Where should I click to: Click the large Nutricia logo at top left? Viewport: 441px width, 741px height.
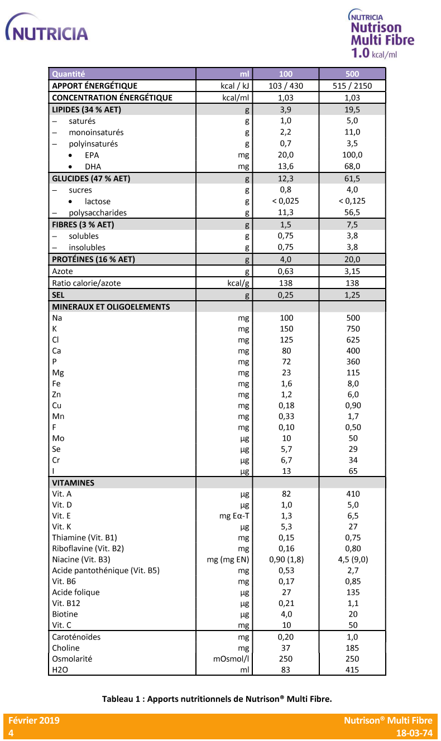click(x=47, y=31)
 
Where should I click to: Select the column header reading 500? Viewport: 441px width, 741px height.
click(x=352, y=74)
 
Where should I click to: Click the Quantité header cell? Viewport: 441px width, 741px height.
click(x=68, y=74)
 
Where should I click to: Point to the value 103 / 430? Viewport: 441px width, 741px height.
click(x=286, y=86)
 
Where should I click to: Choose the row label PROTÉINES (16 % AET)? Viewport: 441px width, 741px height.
click(x=93, y=259)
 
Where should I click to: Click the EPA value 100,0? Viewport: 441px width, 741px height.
click(x=352, y=155)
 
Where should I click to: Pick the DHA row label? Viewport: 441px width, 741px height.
click(x=93, y=166)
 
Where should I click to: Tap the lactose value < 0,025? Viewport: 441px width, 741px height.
click(x=286, y=201)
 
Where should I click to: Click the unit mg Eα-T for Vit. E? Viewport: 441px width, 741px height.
click(x=234, y=516)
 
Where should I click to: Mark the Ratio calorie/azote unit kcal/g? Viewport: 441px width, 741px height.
click(x=235, y=283)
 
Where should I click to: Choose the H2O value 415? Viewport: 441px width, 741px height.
click(x=352, y=670)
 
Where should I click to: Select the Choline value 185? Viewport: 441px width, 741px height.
click(x=352, y=648)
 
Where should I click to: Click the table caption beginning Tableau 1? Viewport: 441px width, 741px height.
click(x=217, y=699)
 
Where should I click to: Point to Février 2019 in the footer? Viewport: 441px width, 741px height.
click(x=33, y=720)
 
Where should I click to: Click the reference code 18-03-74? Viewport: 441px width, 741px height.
click(x=414, y=733)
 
